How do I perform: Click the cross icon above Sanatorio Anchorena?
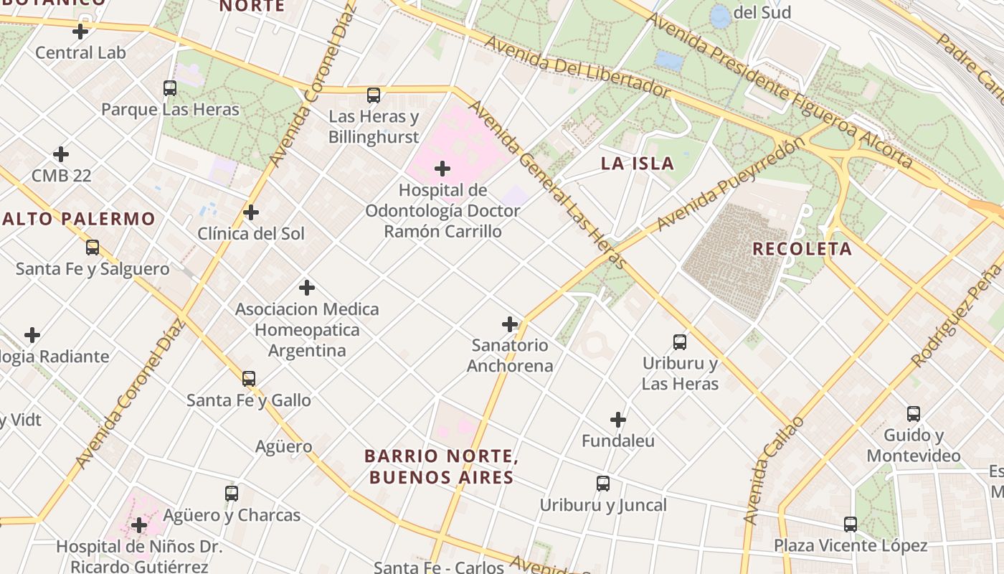(x=510, y=324)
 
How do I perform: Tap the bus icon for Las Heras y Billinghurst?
(x=373, y=95)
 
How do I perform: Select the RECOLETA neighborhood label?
(x=802, y=249)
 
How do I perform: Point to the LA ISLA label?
(x=638, y=164)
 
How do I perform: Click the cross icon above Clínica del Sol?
(x=251, y=212)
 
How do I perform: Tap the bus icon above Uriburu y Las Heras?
(x=680, y=342)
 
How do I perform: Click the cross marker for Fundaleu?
(x=618, y=420)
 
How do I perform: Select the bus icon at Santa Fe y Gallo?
(x=249, y=378)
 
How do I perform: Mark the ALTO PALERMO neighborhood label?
(x=78, y=219)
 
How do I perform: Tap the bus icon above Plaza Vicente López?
(x=851, y=524)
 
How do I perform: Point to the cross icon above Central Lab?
(x=80, y=32)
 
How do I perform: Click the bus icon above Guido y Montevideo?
(x=913, y=414)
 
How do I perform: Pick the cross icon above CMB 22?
(x=61, y=154)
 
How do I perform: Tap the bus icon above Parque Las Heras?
(x=170, y=88)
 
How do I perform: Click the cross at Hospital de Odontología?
(x=442, y=169)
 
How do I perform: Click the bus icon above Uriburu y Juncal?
(x=603, y=484)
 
